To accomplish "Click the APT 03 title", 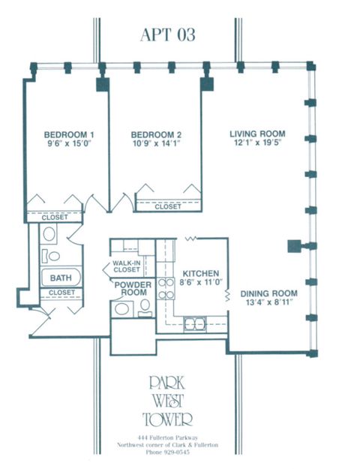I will tap(167, 35).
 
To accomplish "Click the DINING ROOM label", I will tap(267, 294).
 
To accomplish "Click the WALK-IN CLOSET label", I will tap(127, 266).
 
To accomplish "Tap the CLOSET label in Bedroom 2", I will tap(168, 206).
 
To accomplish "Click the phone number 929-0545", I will tap(167, 452).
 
